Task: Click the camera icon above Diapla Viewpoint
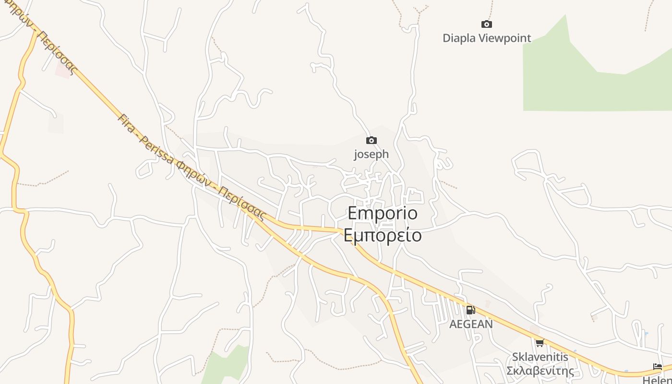coord(487,24)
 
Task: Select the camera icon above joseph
coord(371,141)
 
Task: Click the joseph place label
coord(371,155)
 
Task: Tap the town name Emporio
coord(383,213)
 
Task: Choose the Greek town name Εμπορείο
coord(383,235)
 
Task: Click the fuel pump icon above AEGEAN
coord(470,310)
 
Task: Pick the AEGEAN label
coord(471,324)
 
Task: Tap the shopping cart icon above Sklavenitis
coord(540,343)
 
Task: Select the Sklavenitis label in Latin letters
coord(540,357)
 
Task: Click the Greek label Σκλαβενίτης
coord(540,371)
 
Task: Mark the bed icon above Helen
coord(658,367)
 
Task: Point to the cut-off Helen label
coord(657,380)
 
